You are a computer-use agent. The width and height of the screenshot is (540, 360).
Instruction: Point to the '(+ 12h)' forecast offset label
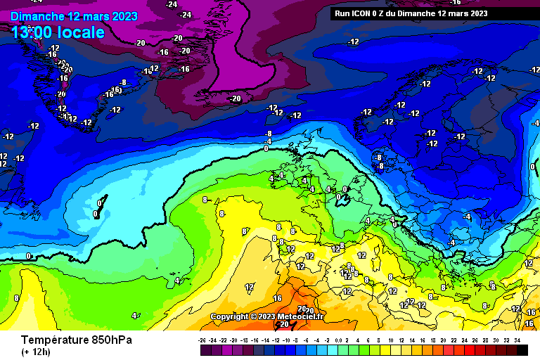(35, 352)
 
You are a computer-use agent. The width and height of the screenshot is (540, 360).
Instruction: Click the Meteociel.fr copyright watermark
(268, 316)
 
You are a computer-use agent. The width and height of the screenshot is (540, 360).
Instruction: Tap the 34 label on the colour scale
(517, 340)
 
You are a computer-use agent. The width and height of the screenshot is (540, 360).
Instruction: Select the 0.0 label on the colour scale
(339, 340)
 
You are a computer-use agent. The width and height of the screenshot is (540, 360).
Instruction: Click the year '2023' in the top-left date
(124, 15)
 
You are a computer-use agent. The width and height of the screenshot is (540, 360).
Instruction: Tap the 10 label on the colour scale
(391, 340)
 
